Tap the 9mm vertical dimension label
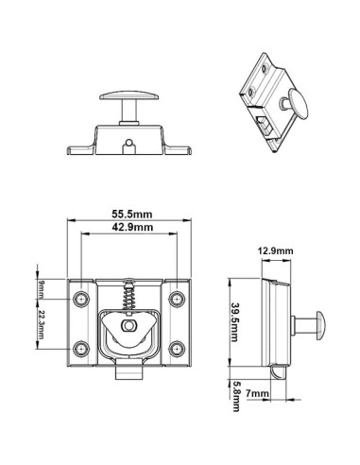coord(41,287)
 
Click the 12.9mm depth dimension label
coord(276,250)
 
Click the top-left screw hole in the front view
coord(82,300)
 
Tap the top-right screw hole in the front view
coord(176,300)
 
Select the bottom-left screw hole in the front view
coord(82,347)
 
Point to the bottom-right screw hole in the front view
coord(176,347)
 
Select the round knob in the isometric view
coord(300,101)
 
